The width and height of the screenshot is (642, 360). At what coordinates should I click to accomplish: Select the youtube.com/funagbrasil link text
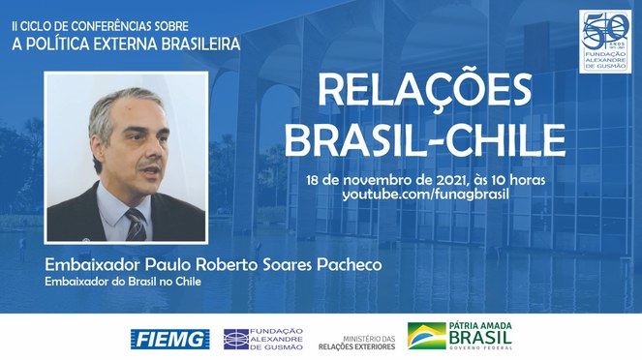425,195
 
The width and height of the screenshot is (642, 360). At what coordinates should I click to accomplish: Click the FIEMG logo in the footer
170,338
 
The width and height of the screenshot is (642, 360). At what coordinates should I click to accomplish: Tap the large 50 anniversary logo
607,34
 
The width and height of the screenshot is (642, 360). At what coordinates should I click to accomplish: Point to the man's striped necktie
136,225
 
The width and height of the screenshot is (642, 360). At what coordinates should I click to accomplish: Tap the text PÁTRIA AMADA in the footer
480,327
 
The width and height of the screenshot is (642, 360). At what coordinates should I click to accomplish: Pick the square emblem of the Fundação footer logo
234,338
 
